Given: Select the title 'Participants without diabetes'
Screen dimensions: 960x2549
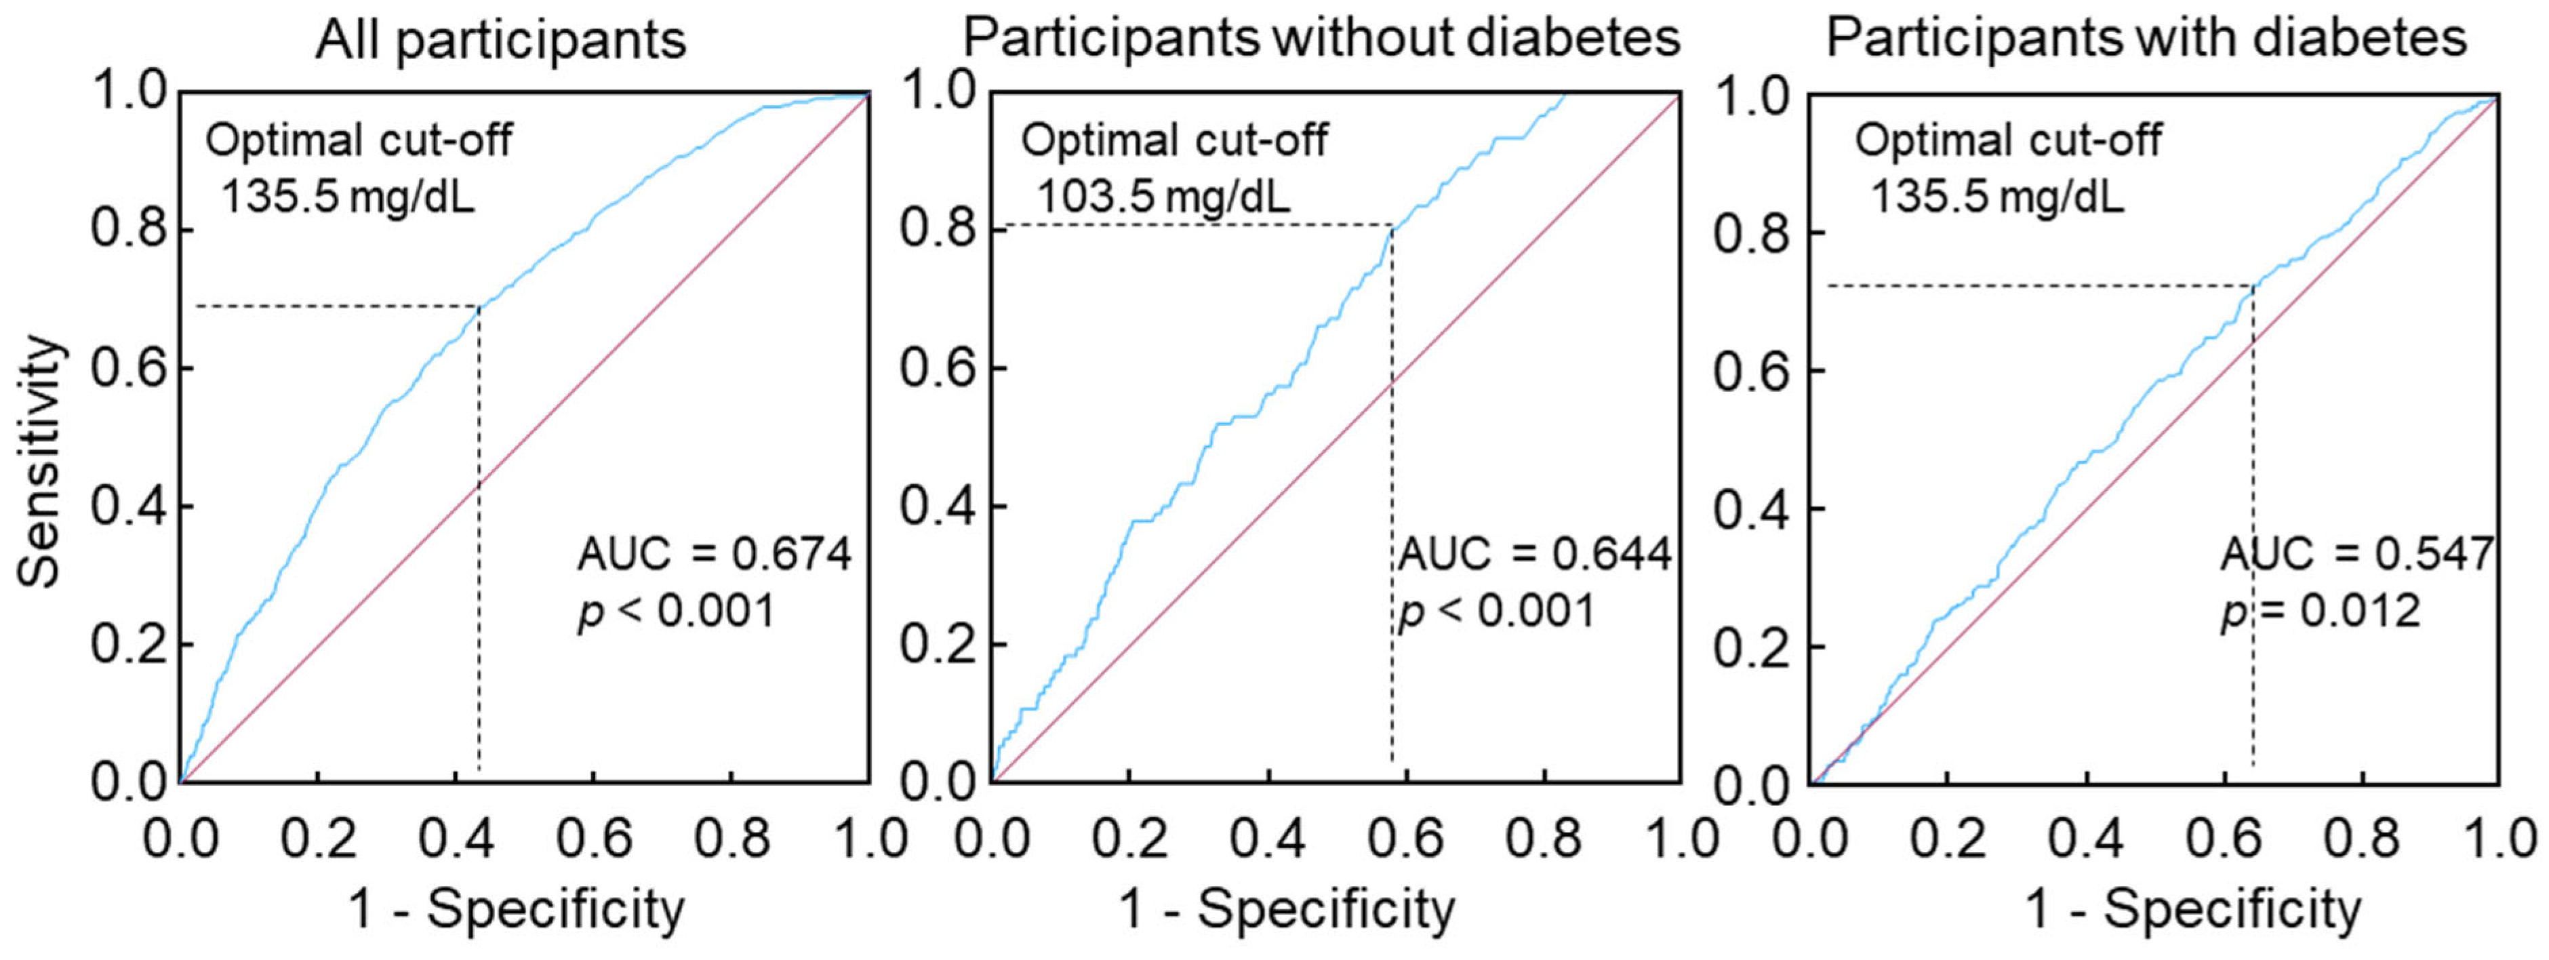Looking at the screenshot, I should [1321, 39].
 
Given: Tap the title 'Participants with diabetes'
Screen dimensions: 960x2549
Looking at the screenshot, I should [2145, 39].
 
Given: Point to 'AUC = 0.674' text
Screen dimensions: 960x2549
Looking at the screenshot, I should [713, 554].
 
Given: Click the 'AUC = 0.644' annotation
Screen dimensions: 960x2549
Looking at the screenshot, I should [1533, 554].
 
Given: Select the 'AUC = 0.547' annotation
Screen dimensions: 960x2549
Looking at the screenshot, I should [2357, 554].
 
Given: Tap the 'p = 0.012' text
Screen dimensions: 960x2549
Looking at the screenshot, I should [2321, 611].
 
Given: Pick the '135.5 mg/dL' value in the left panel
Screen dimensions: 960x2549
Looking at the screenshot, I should [346, 197].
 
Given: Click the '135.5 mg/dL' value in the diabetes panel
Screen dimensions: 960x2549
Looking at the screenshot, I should [1997, 197].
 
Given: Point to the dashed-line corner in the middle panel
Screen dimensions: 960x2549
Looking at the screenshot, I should [1392, 226].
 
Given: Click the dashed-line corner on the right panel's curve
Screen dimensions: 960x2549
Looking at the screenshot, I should [2253, 286].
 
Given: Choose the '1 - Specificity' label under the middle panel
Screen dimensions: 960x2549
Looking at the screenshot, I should [1287, 908].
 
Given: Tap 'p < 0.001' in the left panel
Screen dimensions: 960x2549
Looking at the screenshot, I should [676, 611].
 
